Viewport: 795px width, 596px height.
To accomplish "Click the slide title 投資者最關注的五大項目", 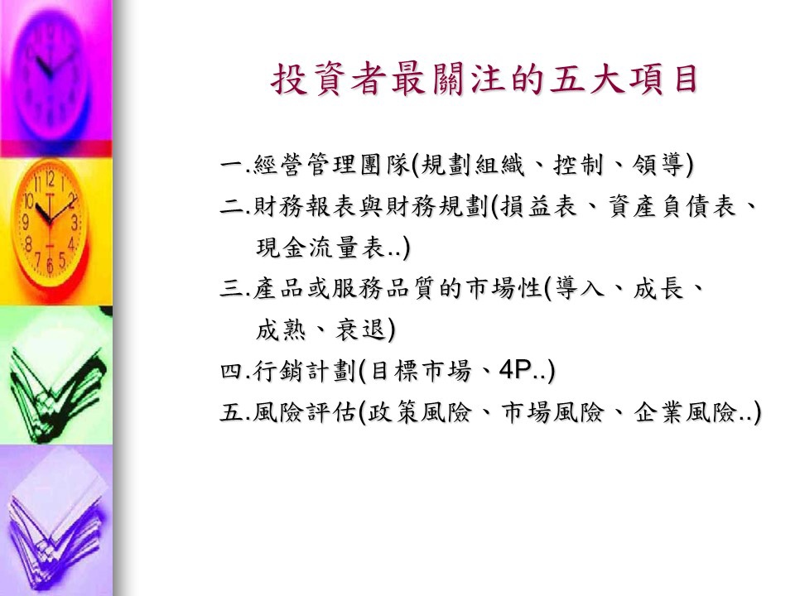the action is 484,80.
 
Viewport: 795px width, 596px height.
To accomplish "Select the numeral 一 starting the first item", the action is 232,165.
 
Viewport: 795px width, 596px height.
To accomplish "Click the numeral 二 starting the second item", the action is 232,206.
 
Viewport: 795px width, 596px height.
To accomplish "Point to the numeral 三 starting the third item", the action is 232,289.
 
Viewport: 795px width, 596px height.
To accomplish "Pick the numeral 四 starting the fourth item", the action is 232,372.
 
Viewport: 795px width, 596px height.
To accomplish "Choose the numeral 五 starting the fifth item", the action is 232,412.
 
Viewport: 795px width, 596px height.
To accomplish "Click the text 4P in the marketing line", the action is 514,371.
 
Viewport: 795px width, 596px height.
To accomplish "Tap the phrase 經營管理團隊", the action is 331,165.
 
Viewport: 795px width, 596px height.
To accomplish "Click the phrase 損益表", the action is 538,206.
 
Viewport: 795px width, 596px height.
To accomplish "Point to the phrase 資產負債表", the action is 672,206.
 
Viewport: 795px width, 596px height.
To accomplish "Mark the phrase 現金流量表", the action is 320,248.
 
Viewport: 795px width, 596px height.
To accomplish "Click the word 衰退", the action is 360,330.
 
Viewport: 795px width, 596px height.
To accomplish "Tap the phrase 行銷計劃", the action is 305,372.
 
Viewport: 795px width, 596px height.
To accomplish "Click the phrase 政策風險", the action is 419,412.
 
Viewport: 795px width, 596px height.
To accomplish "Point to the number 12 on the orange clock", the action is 50,179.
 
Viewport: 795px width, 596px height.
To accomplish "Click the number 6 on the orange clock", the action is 50,265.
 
